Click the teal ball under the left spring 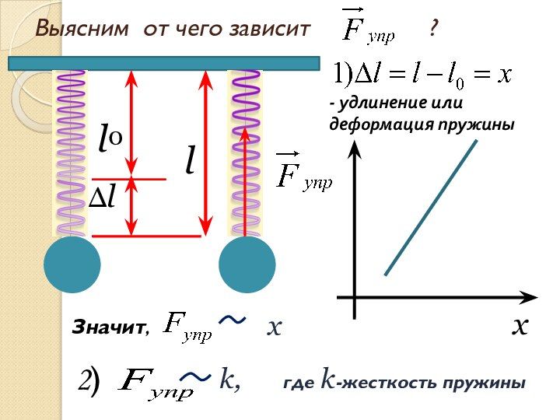(72, 264)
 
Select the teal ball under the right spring (247, 264)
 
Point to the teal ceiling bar (163, 63)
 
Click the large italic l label (189, 160)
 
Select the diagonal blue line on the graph (430, 207)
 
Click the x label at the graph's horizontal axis (520, 325)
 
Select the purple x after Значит (273, 327)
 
